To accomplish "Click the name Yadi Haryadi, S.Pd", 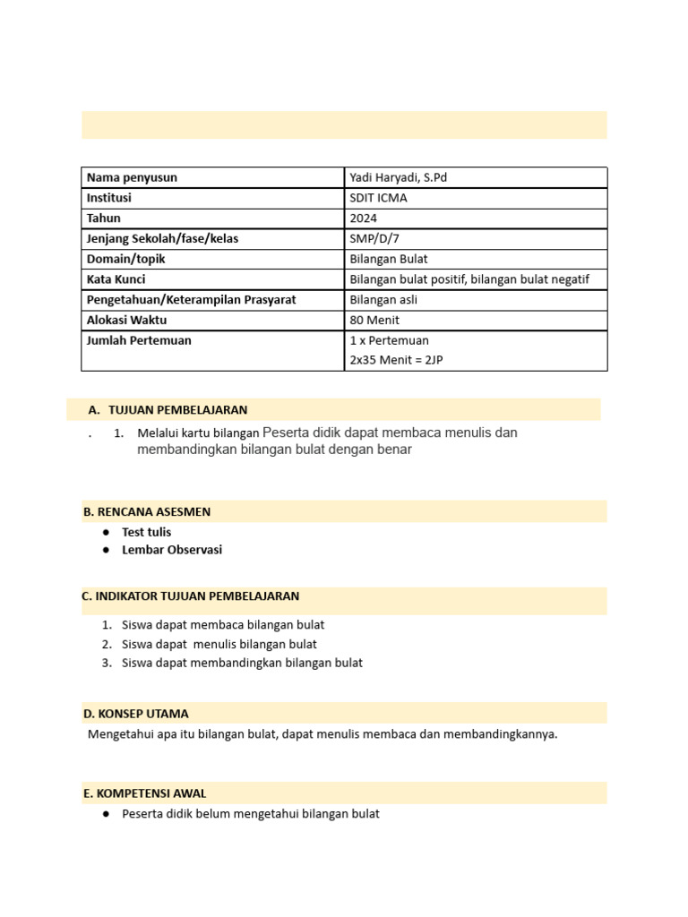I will coord(398,177).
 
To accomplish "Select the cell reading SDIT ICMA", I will coord(378,198).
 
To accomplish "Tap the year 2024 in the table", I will coord(364,219).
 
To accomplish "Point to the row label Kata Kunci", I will coord(116,279).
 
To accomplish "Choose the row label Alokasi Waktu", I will coord(126,320).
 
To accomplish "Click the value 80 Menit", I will coord(374,320).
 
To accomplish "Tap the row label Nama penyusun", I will coord(132,177).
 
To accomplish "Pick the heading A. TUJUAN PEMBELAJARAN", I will coord(168,410).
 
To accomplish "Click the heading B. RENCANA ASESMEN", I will coord(147,512).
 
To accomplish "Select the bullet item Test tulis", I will coord(146,532).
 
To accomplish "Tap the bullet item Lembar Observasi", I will coord(172,550).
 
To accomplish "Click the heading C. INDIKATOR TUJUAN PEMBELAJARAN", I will coord(190,596).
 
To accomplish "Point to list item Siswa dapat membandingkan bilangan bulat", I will coord(242,664).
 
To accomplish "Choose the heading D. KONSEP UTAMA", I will coord(135,714).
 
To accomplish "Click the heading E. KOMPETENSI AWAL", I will coord(144,793).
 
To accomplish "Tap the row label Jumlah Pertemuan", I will coord(138,340).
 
